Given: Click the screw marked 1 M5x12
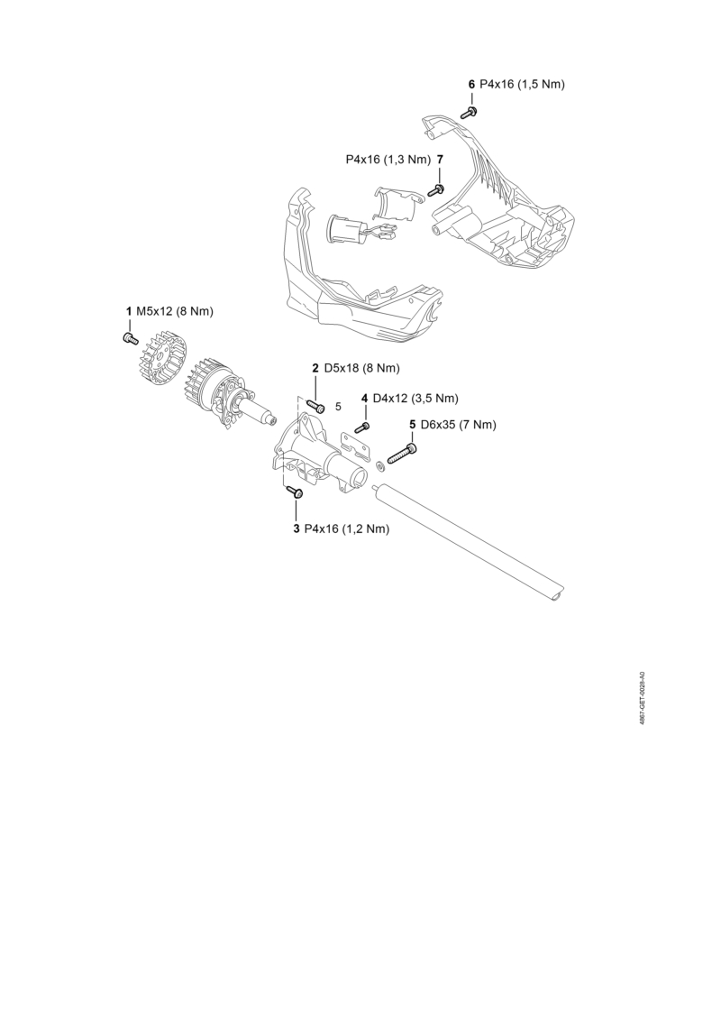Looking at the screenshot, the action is [130, 337].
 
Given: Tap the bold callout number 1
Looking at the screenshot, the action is [129, 312].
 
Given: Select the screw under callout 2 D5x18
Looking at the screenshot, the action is [316, 406].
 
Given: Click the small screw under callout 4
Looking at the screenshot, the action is [363, 427].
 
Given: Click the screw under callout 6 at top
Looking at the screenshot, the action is [470, 112].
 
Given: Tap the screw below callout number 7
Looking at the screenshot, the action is [436, 189].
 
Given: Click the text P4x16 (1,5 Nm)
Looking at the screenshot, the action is [522, 85].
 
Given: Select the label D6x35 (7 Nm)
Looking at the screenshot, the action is [459, 425].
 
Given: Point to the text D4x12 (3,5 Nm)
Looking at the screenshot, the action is [415, 398].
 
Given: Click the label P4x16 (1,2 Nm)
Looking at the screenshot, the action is [346, 529].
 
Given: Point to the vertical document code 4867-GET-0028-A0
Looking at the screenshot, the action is [642, 698].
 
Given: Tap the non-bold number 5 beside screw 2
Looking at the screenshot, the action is [338, 407].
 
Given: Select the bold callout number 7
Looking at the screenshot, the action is [440, 160].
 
